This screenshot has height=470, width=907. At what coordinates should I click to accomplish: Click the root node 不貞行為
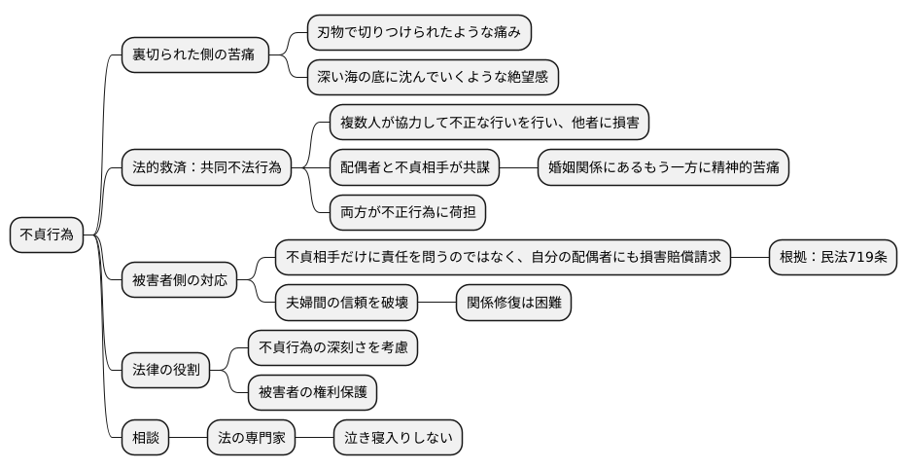pos(47,235)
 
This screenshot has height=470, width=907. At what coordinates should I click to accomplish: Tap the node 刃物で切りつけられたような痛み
pos(419,33)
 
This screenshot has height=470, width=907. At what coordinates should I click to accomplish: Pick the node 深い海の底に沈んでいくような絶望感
pos(433,78)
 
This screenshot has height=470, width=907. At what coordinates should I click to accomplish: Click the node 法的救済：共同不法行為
pos(206,167)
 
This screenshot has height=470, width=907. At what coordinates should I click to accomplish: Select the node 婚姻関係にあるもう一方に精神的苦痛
pos(663,167)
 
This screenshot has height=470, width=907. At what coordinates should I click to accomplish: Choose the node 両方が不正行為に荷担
pos(408,211)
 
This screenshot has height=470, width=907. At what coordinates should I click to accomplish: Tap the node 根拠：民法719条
pos(833,258)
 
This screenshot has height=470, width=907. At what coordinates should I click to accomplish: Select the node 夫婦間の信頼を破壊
pos(347,303)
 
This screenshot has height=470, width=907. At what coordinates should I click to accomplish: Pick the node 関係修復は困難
pos(513,303)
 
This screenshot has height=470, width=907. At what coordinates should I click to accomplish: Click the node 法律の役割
pos(166,370)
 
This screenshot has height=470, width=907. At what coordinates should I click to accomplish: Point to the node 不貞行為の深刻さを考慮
pos(333,347)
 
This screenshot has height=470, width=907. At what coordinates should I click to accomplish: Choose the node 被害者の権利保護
pos(312,392)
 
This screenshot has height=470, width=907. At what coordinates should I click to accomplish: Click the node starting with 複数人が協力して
pos(489,123)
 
